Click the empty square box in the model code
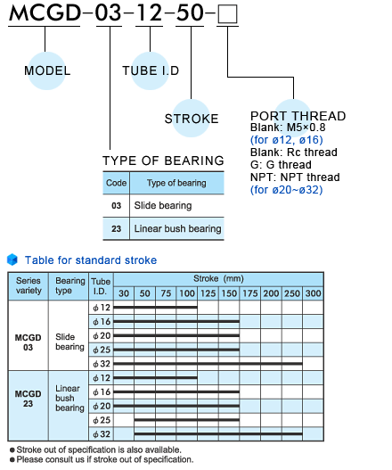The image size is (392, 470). point(227,14)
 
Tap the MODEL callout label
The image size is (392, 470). point(47,70)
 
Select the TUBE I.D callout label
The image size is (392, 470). point(151,70)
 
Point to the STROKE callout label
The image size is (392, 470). point(192,119)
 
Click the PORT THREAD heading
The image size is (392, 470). point(298,116)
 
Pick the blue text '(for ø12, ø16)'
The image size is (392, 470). point(287,140)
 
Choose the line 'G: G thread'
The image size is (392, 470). point(281,165)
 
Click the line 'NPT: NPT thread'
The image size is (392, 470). point(295,177)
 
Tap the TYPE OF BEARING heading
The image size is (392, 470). point(163,161)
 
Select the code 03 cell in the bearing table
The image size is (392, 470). point(116,206)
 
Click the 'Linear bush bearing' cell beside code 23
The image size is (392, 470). point(177,228)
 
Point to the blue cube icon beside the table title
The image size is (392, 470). point(12,260)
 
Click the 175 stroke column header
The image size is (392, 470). point(250,293)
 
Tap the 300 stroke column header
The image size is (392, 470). point(313,293)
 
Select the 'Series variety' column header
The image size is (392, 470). point(29,285)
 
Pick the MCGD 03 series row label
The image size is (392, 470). point(29,342)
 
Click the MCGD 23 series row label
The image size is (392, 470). point(29,399)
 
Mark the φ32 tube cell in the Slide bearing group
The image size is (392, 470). point(102,364)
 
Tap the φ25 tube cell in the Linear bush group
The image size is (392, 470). point(102,420)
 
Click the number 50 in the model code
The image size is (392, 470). point(190,13)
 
